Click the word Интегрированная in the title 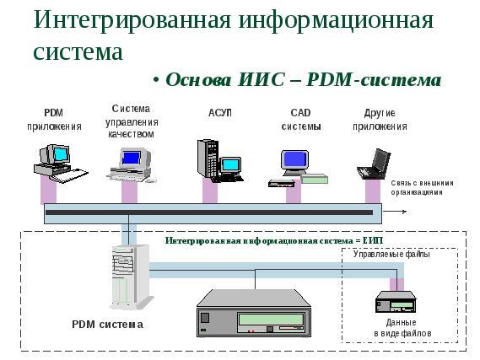pyautogui.click(x=132, y=20)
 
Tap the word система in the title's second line pyautogui.click(x=78, y=52)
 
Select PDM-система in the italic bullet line pyautogui.click(x=374, y=80)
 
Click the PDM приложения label pyautogui.click(x=54, y=120)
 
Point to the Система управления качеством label pyautogui.click(x=132, y=121)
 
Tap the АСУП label pyautogui.click(x=220, y=113)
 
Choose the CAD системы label pyautogui.click(x=301, y=120)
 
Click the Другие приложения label pyautogui.click(x=380, y=120)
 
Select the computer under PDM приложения pyautogui.click(x=60, y=164)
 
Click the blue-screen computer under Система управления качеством pyautogui.click(x=132, y=165)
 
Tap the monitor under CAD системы pyautogui.click(x=294, y=163)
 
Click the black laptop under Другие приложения pyautogui.click(x=374, y=164)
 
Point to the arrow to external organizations pyautogui.click(x=395, y=212)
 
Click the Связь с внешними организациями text pyautogui.click(x=422, y=188)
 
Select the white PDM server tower pyautogui.click(x=130, y=277)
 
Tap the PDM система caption pyautogui.click(x=107, y=325)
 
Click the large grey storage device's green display pyautogui.click(x=271, y=320)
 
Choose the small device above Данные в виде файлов pyautogui.click(x=396, y=302)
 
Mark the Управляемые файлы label pyautogui.click(x=391, y=254)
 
